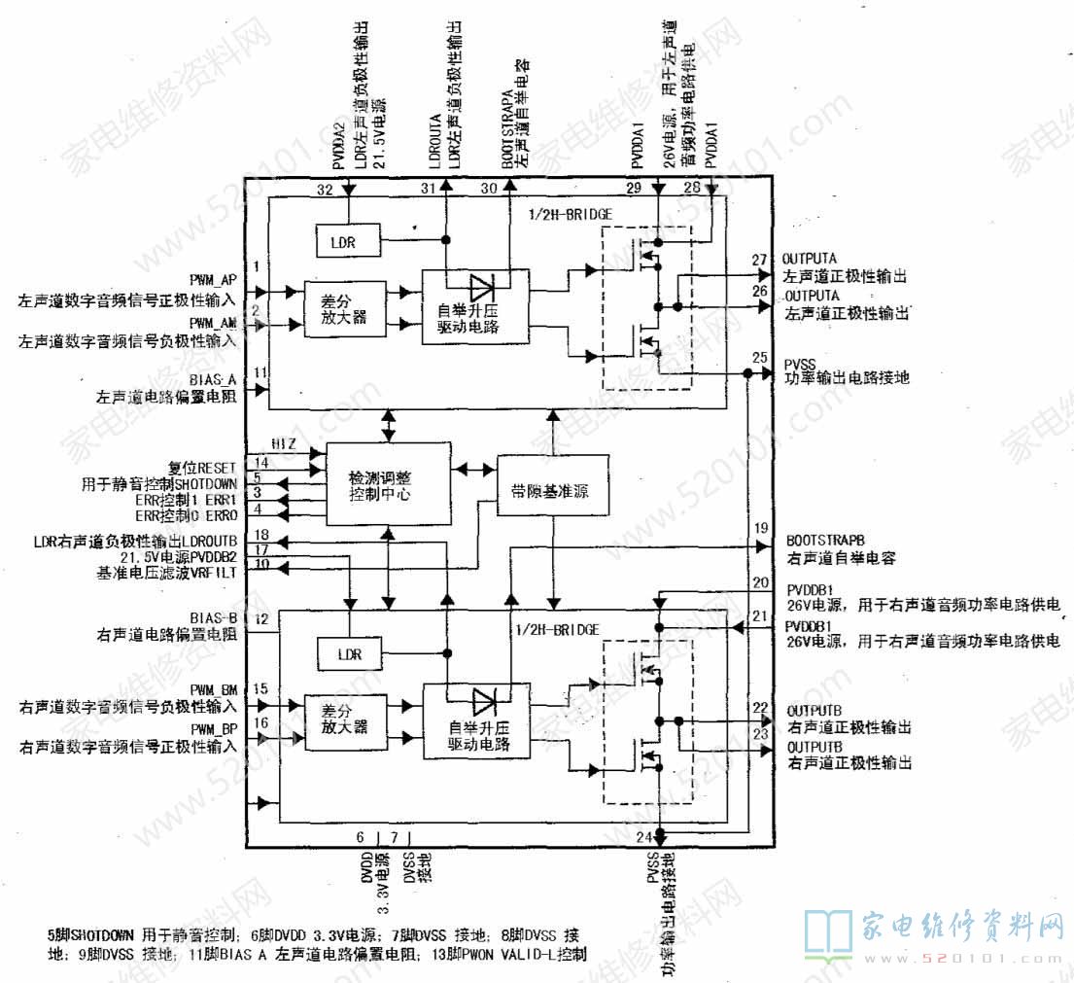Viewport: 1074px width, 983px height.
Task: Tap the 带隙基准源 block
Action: point(555,490)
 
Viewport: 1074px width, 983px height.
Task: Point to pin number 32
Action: point(325,189)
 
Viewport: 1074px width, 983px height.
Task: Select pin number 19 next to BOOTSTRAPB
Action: point(760,529)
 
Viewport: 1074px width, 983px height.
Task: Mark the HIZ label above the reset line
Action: point(284,444)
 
